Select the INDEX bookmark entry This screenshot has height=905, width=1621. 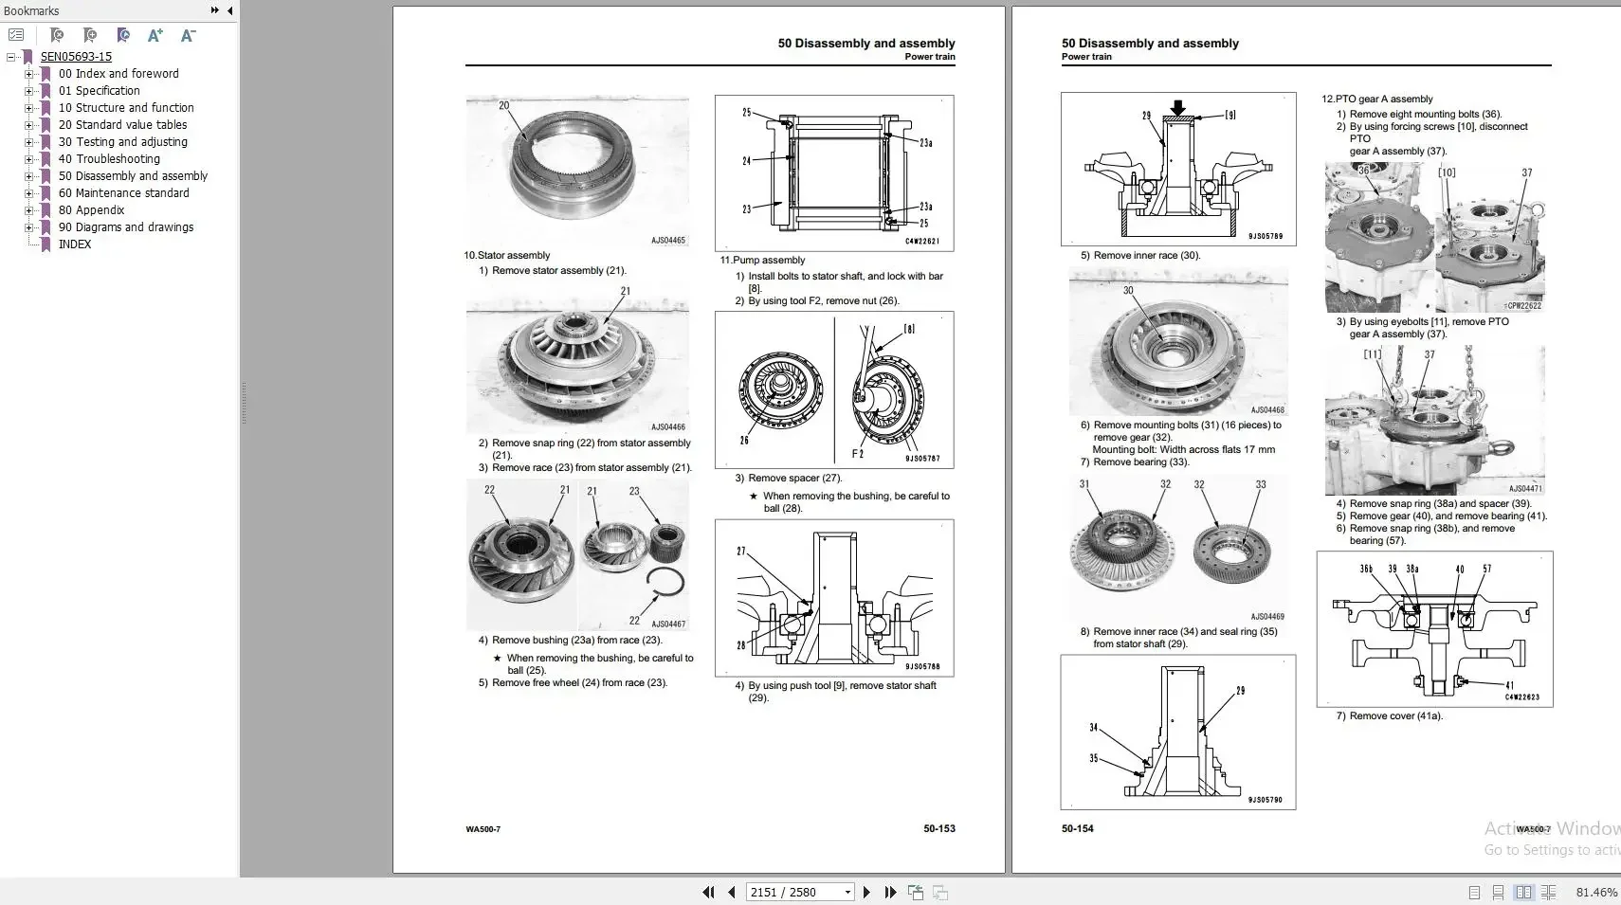point(75,244)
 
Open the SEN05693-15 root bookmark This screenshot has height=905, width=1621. point(76,57)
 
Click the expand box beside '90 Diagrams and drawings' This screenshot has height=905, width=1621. point(28,227)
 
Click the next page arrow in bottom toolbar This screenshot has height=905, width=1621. point(866,892)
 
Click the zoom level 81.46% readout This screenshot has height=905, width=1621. point(1596,892)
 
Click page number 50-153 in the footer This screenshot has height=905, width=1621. point(938,828)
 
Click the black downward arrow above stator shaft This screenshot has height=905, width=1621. point(1177,107)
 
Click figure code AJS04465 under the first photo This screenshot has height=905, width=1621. point(667,241)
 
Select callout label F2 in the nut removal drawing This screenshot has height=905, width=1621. point(857,454)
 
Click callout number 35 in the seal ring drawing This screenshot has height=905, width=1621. point(1093,758)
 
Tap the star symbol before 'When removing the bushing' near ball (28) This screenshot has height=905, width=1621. point(754,496)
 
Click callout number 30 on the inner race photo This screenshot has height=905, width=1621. point(1128,291)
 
